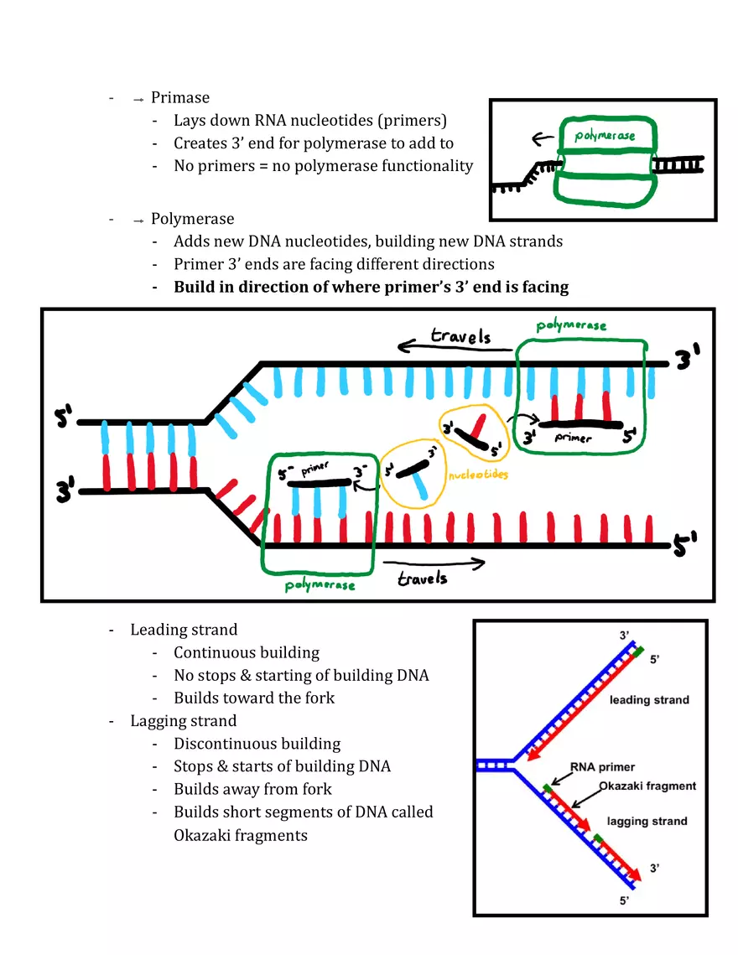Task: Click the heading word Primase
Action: pyautogui.click(x=180, y=98)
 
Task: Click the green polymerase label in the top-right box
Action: pyautogui.click(x=604, y=135)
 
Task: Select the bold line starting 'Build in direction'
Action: pyautogui.click(x=371, y=287)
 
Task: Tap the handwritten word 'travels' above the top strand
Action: pyautogui.click(x=460, y=337)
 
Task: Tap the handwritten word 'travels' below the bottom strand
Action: pyautogui.click(x=422, y=579)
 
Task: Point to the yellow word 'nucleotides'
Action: pyautogui.click(x=478, y=475)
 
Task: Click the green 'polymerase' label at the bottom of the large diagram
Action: pyautogui.click(x=320, y=584)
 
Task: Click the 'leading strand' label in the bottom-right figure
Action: pyautogui.click(x=649, y=699)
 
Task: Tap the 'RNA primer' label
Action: pyautogui.click(x=602, y=766)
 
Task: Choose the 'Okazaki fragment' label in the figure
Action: pyautogui.click(x=647, y=786)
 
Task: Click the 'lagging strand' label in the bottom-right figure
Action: pyautogui.click(x=647, y=821)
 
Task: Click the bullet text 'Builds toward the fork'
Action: pyautogui.click(x=254, y=698)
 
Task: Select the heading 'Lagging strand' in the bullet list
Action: pyautogui.click(x=183, y=720)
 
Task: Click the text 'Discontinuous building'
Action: pyautogui.click(x=257, y=744)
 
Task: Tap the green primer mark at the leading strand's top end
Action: pyautogui.click(x=639, y=650)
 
